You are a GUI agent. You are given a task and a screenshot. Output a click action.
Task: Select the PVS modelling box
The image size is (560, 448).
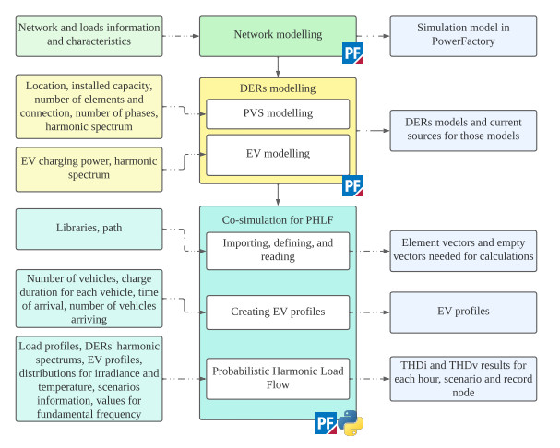[x=278, y=113]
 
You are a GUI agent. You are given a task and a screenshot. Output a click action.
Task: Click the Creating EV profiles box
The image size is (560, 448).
[x=278, y=312]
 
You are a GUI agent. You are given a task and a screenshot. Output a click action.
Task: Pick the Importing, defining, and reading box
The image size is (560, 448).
[x=278, y=251]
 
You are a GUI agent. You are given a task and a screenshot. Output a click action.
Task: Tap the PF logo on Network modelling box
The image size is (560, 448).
[x=352, y=53]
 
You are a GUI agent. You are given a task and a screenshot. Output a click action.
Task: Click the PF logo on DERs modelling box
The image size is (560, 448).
[x=352, y=185]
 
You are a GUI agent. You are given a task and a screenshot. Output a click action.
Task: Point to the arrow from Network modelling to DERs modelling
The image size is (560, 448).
[x=278, y=65]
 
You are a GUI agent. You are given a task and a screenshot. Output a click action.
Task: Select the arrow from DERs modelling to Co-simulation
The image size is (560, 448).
[x=278, y=196]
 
